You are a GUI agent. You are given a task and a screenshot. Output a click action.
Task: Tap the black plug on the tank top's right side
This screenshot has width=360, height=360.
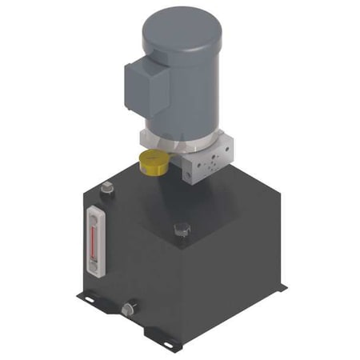[x=182, y=230]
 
